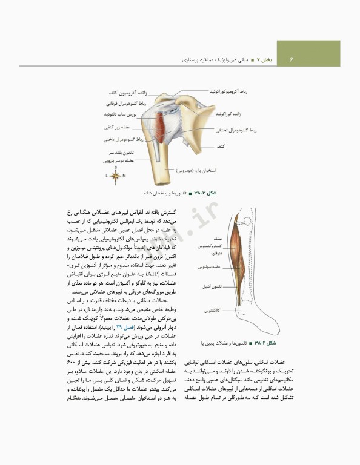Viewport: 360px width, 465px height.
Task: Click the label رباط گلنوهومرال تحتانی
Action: pos(236,130)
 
